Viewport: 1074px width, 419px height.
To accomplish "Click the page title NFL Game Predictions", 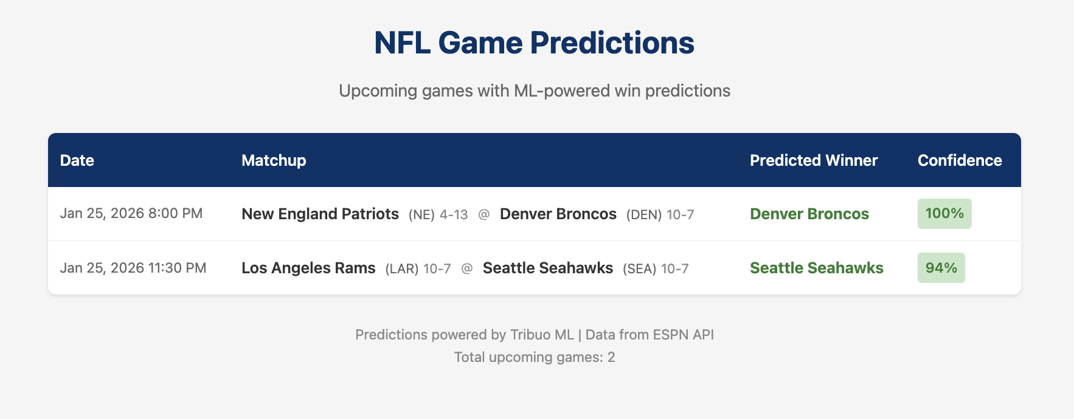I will pyautogui.click(x=534, y=43).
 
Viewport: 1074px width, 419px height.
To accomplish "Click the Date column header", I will pyautogui.click(x=77, y=160).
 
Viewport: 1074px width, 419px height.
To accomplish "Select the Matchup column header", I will pyautogui.click(x=274, y=160).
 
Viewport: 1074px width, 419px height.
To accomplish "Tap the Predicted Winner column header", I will pyautogui.click(x=813, y=160).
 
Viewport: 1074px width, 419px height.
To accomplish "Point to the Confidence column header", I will pyautogui.click(x=959, y=160).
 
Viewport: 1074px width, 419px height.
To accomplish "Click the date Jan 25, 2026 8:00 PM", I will pyautogui.click(x=131, y=213).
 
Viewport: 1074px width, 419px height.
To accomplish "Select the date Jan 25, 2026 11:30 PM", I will pyautogui.click(x=133, y=268).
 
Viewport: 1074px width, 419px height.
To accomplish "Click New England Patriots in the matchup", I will pyautogui.click(x=320, y=214).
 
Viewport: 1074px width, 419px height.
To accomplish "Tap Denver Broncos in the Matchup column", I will pyautogui.click(x=558, y=214).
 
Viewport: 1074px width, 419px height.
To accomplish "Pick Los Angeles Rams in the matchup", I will pyautogui.click(x=308, y=268).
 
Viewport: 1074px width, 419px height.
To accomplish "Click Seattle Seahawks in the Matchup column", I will pyautogui.click(x=547, y=268).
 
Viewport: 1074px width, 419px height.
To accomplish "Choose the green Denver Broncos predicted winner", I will pyautogui.click(x=809, y=214).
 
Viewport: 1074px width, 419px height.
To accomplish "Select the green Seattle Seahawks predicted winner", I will pyautogui.click(x=816, y=268).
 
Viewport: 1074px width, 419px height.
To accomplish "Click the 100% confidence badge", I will pyautogui.click(x=944, y=214).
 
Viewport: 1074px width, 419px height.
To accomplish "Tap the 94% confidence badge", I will pyautogui.click(x=941, y=268).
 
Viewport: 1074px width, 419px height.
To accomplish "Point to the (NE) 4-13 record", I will pyautogui.click(x=438, y=214).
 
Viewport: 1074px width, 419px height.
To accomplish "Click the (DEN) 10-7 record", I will pyautogui.click(x=660, y=214).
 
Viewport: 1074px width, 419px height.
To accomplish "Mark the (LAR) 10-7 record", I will pyautogui.click(x=418, y=268).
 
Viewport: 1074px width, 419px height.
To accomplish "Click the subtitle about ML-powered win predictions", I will pyautogui.click(x=534, y=90).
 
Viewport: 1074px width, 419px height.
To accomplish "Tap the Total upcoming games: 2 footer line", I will pyautogui.click(x=534, y=357).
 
